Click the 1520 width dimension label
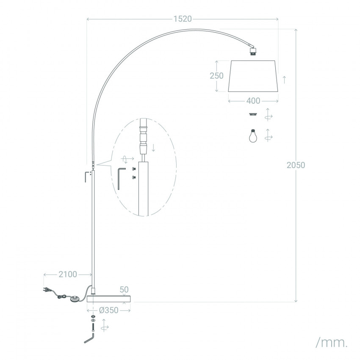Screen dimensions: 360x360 pyautogui.click(x=182, y=19)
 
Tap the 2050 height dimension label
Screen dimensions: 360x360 pyautogui.click(x=296, y=165)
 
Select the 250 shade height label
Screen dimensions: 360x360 pyautogui.click(x=216, y=75)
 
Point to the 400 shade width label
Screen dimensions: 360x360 pyautogui.click(x=253, y=101)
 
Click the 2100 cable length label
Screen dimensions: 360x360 pyautogui.click(x=68, y=274)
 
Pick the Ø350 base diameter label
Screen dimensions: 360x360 pyautogui.click(x=109, y=310)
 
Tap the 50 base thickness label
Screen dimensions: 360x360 pyautogui.click(x=124, y=290)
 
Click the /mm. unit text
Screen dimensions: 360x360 pyautogui.click(x=332, y=343)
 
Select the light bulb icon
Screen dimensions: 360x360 pyautogui.click(x=253, y=136)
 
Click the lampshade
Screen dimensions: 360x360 pyautogui.click(x=253, y=76)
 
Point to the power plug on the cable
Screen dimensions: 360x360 pyautogui.click(x=47, y=290)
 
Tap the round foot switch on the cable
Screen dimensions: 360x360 pyautogui.click(x=75, y=299)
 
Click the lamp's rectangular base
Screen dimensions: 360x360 pyautogui.click(x=109, y=299)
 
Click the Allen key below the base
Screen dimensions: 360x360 pyautogui.click(x=89, y=338)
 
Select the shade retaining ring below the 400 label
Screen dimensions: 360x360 pyautogui.click(x=253, y=114)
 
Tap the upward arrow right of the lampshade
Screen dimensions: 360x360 pyautogui.click(x=285, y=80)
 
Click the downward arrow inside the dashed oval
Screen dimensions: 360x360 pyautogui.click(x=154, y=148)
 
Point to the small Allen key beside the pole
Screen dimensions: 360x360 pyautogui.click(x=86, y=176)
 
